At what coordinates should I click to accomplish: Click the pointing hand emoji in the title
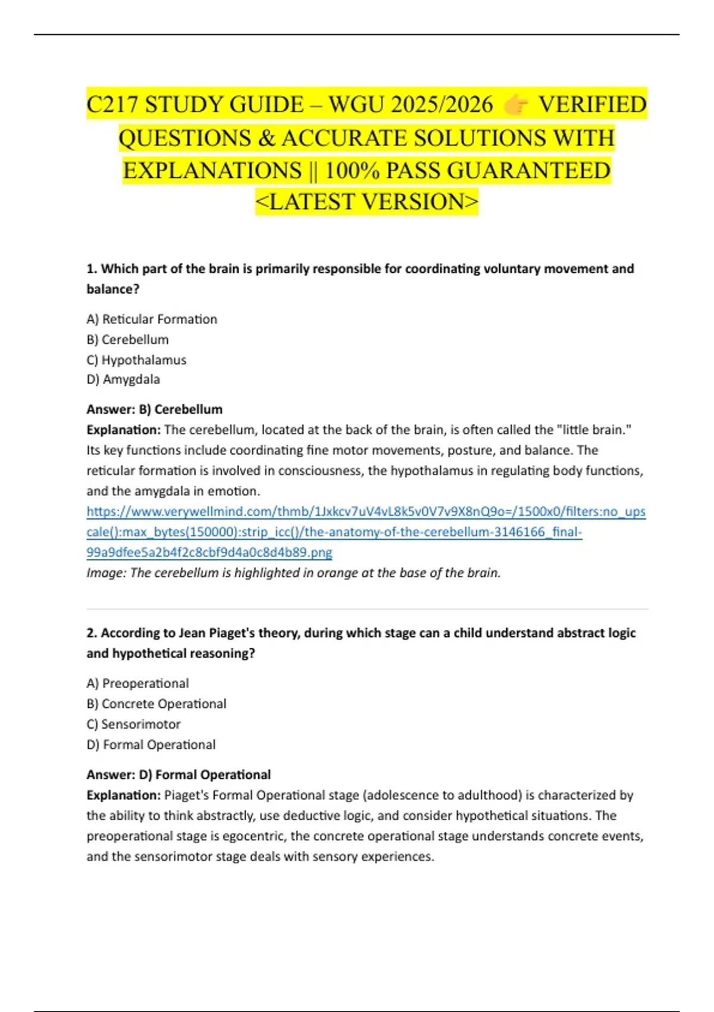pyautogui.click(x=515, y=105)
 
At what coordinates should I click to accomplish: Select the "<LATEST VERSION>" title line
pyautogui.click(x=367, y=202)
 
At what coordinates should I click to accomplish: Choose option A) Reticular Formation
pyautogui.click(x=152, y=319)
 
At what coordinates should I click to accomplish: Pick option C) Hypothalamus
pyautogui.click(x=136, y=360)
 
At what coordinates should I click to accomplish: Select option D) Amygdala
pyautogui.click(x=123, y=379)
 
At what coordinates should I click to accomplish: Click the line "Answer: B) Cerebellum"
pyautogui.click(x=155, y=410)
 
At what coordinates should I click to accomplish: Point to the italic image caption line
pyautogui.click(x=293, y=573)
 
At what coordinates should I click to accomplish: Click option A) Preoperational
pyautogui.click(x=137, y=683)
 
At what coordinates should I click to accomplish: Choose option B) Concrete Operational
pyautogui.click(x=156, y=704)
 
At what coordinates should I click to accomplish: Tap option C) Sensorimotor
pyautogui.click(x=133, y=724)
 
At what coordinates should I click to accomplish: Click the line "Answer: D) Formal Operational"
pyautogui.click(x=178, y=774)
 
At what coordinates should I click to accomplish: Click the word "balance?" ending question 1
pyautogui.click(x=113, y=289)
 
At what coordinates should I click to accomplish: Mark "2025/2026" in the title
pyautogui.click(x=442, y=105)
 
